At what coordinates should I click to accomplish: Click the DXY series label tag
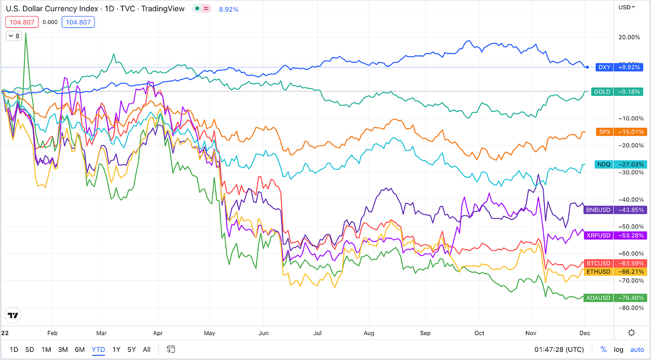click(x=604, y=67)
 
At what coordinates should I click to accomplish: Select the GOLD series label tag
click(x=602, y=92)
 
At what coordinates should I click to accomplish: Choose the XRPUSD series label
click(x=598, y=236)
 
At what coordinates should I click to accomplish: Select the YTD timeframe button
click(x=98, y=349)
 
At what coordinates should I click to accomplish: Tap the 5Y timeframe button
click(x=132, y=349)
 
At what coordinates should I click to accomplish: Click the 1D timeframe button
click(x=14, y=349)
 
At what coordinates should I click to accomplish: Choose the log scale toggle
click(x=618, y=349)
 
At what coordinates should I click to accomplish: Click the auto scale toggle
click(x=637, y=349)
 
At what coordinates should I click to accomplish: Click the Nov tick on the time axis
click(x=531, y=333)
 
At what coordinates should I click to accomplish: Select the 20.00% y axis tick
click(x=630, y=37)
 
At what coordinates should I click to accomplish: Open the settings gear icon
click(x=631, y=333)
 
